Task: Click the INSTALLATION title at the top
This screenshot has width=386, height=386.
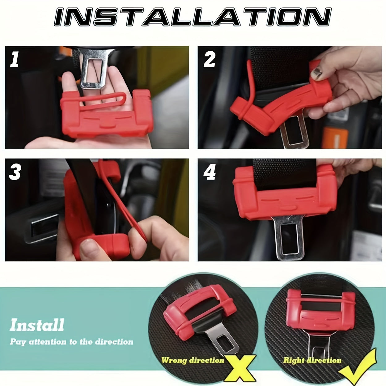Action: coord(193,17)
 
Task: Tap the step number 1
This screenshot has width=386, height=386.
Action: coord(14,60)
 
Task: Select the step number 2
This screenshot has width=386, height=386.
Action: coord(209,60)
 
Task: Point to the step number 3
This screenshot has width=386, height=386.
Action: coord(15,172)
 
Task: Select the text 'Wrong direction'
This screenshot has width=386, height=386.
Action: coord(192,360)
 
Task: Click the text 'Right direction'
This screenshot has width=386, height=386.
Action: coord(312,360)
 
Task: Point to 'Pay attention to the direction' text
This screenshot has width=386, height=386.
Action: coord(71,342)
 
